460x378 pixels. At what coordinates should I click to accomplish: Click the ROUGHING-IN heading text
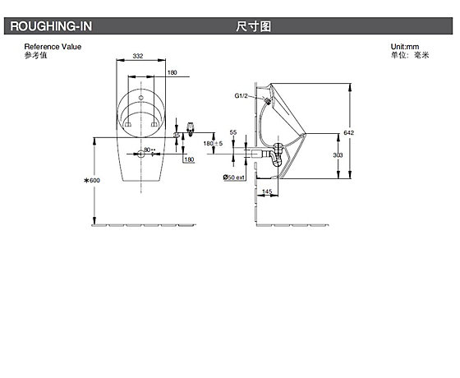tap(51, 26)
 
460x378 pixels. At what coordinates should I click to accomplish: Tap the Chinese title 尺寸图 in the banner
tap(254, 26)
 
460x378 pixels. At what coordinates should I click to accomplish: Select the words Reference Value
tap(53, 47)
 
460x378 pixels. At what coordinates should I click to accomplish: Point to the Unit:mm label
tap(405, 47)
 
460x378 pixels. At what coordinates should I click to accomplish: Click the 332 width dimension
tap(138, 56)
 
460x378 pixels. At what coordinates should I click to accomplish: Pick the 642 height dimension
tap(349, 132)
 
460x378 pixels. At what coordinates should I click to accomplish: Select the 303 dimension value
tap(338, 154)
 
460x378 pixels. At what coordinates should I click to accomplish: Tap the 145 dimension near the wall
tap(267, 191)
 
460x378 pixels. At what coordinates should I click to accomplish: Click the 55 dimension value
tap(233, 132)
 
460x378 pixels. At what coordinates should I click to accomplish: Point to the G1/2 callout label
tap(241, 95)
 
